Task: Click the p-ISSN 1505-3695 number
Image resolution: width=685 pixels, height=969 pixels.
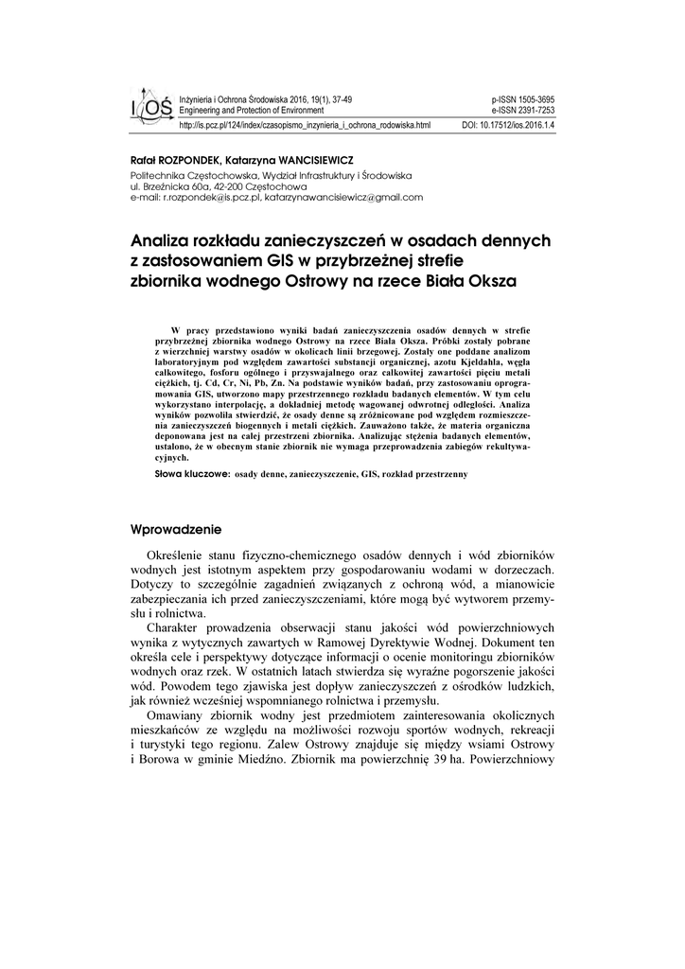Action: coord(523,98)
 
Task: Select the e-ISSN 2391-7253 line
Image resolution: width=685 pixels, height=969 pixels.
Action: coord(523,110)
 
